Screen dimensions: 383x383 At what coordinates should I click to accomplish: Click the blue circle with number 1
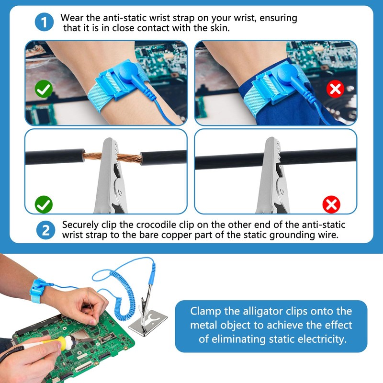pos(44,22)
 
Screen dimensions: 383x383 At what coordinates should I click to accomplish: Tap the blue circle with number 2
pos(45,230)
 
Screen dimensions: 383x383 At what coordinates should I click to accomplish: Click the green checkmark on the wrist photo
pos(44,89)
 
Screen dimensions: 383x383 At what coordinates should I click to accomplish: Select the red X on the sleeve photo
pos(335,89)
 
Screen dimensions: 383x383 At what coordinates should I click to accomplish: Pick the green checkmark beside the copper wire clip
pos(44,204)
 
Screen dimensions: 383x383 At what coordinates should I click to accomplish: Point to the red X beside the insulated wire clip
pos(331,204)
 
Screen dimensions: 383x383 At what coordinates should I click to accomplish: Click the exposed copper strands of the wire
pos(113,157)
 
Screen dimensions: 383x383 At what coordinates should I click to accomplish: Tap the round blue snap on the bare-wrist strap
pos(128,71)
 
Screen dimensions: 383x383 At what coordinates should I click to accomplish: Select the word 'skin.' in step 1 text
pos(220,28)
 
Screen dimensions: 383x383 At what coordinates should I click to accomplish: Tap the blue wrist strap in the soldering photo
pos(38,291)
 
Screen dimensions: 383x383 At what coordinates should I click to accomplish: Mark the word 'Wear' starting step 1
pos(72,18)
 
